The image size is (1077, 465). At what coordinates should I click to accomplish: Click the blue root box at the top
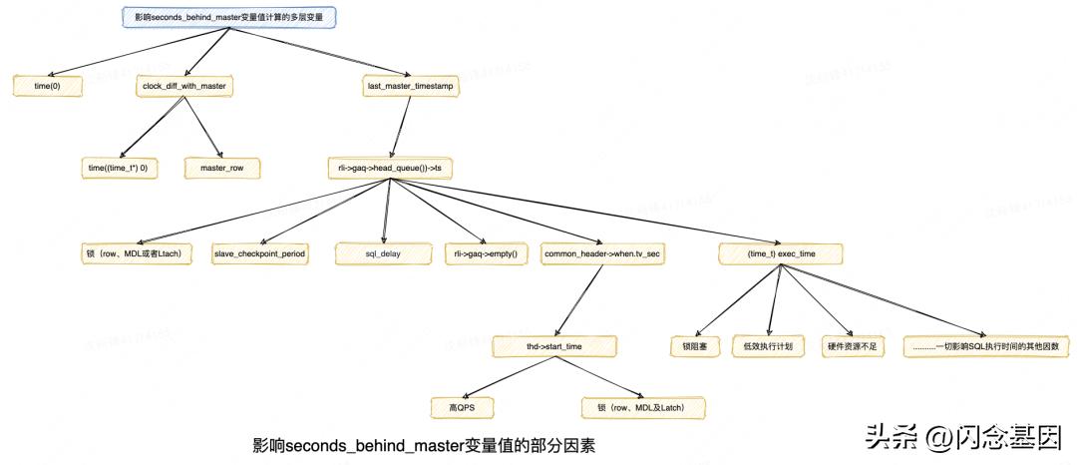228,17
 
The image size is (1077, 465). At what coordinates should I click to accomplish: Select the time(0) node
48,87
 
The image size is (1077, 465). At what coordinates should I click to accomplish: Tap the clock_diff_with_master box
184,87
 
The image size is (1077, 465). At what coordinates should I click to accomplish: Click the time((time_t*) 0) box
118,169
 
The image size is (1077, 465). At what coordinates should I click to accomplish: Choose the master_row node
221,169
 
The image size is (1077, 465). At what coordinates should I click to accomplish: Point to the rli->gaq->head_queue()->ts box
390,169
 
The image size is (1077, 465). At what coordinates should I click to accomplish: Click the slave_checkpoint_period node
259,253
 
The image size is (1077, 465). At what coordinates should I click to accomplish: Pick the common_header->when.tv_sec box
602,253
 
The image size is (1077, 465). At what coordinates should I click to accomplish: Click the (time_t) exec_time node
781,253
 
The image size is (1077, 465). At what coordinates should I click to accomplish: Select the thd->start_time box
555,346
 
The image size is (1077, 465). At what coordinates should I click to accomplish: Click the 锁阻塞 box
694,346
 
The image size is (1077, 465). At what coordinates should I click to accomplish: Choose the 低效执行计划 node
768,346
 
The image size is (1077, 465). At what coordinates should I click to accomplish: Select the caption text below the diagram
423,443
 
